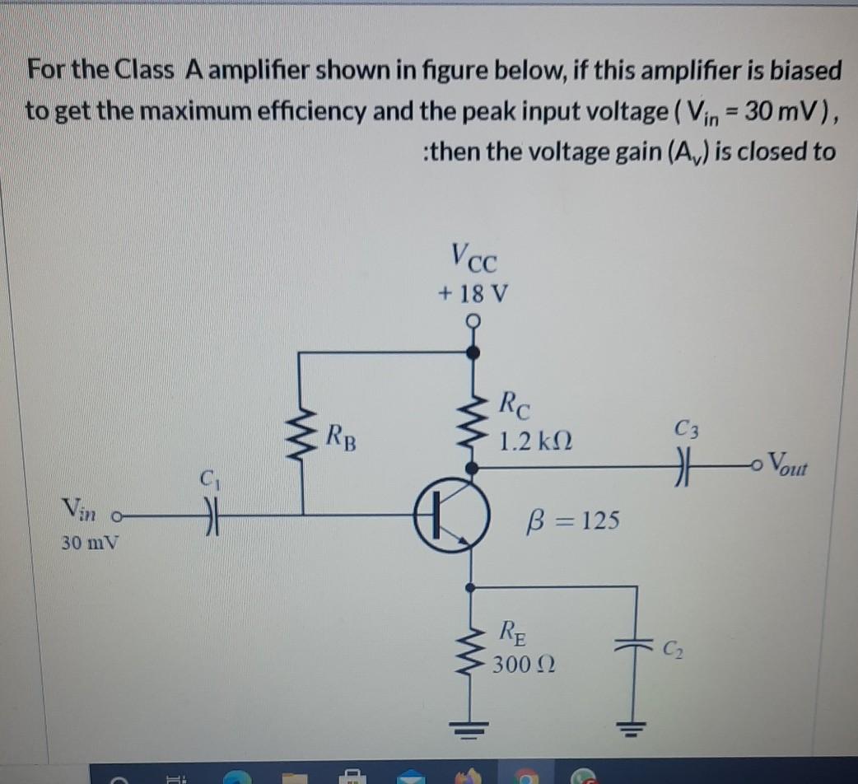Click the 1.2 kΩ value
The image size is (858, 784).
tap(536, 441)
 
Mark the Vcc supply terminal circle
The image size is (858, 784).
tap(472, 322)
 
